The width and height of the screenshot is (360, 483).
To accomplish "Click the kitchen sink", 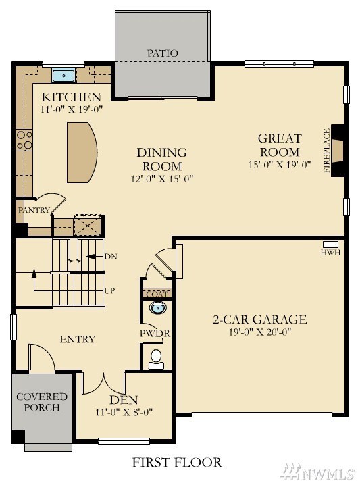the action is (63, 76).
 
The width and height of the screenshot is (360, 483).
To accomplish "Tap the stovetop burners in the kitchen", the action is (24, 140).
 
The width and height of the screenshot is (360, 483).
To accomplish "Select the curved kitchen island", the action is (82, 153).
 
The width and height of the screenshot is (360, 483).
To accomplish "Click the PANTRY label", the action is (34, 210).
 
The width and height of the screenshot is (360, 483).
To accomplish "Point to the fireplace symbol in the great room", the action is (337, 151).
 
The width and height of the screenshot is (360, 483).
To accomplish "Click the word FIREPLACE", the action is (326, 151).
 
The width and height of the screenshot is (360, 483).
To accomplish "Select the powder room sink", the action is (157, 307).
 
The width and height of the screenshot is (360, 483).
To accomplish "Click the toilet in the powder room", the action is (156, 359).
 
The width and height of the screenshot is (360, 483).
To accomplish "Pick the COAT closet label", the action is (157, 294).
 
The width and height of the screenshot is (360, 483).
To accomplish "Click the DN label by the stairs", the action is (111, 257).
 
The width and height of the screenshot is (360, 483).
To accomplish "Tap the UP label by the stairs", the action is (109, 290).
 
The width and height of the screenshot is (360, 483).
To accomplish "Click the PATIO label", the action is (163, 53).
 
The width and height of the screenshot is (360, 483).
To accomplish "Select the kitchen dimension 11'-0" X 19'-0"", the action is (72, 109).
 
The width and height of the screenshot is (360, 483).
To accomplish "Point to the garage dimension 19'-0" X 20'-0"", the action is (260, 332).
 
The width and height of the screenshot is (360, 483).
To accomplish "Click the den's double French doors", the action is (104, 384).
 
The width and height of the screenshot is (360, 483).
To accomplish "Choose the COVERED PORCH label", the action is (42, 402).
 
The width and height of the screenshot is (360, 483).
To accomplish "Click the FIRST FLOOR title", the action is (177, 462).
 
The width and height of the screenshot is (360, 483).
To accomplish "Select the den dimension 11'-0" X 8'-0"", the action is (124, 412).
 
